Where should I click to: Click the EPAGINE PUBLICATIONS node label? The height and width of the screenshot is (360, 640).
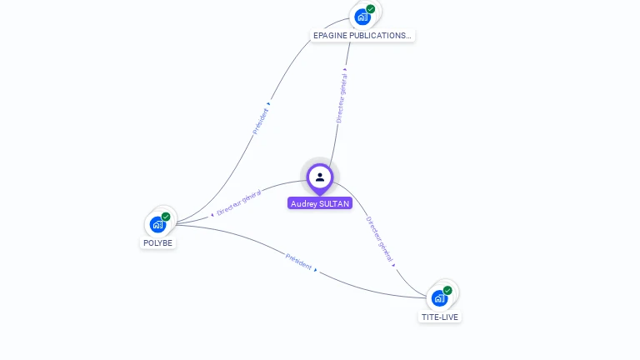point(362,36)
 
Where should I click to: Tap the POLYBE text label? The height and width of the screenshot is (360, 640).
point(157,242)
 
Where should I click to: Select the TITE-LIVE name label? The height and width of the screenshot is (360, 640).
point(439,317)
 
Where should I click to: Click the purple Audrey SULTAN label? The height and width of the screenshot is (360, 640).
point(320,203)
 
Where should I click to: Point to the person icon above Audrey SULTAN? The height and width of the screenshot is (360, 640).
point(320,177)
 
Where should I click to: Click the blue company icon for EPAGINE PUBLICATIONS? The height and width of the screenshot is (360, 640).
point(362,17)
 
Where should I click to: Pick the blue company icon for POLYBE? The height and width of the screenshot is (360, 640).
point(157,224)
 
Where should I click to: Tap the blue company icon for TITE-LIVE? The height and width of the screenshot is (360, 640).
point(439,297)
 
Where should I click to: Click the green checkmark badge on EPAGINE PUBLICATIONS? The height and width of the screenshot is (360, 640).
point(370,9)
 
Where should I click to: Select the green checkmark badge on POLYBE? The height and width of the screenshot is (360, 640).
point(166,217)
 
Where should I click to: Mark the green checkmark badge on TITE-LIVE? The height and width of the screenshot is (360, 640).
point(447,290)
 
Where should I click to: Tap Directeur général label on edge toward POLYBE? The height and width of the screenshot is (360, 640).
point(239,202)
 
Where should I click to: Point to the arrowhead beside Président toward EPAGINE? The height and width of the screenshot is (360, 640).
point(268,104)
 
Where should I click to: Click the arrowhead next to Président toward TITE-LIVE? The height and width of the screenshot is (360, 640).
point(316,270)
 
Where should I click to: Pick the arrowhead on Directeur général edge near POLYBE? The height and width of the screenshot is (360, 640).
point(212,214)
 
